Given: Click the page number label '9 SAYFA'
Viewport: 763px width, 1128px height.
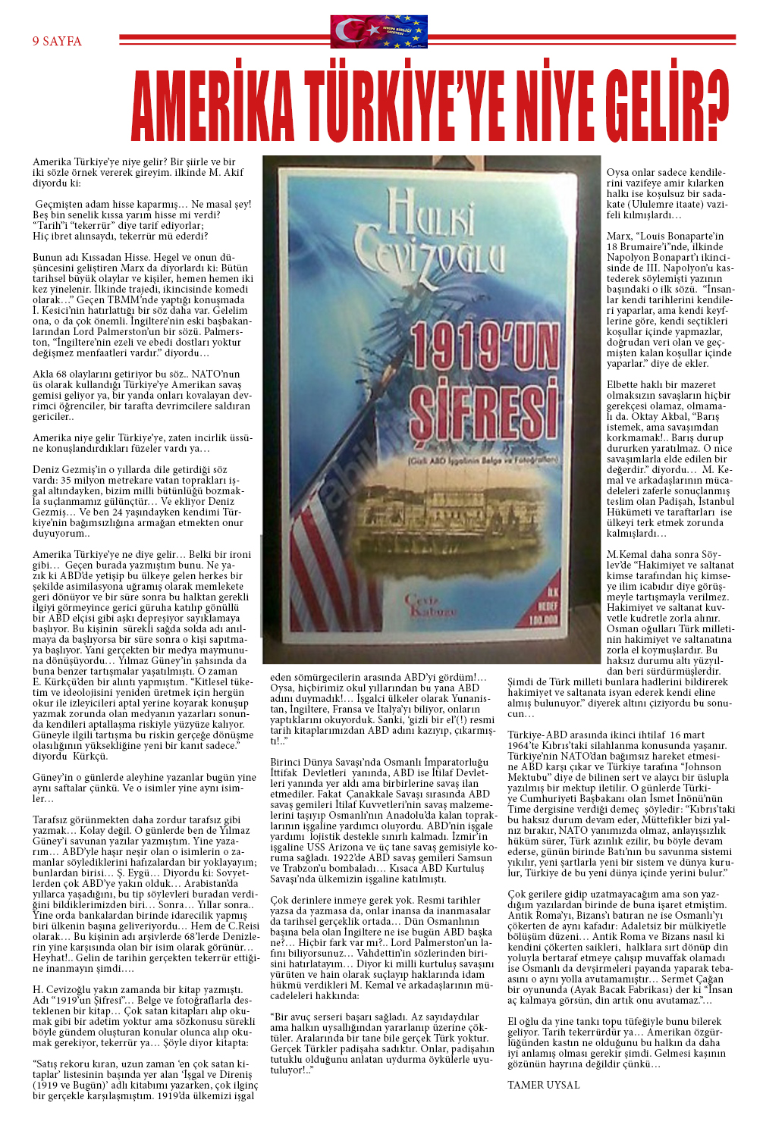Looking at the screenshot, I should point(57,41).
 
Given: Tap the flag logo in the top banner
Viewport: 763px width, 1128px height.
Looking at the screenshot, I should point(378,33).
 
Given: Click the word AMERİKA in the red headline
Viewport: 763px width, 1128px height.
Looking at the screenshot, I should point(213,107).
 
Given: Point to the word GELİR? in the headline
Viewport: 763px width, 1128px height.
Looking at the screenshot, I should point(667,107).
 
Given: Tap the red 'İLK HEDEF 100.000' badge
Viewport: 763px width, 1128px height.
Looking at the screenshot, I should point(542,607).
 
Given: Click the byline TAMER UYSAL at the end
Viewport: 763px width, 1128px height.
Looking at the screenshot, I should point(543,1085).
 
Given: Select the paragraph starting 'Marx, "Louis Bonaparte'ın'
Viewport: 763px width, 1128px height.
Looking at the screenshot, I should point(670,299).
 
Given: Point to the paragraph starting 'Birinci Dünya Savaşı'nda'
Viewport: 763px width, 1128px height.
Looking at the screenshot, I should point(383,819).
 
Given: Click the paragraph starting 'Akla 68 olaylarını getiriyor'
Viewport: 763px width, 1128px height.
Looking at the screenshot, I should point(141,395).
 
